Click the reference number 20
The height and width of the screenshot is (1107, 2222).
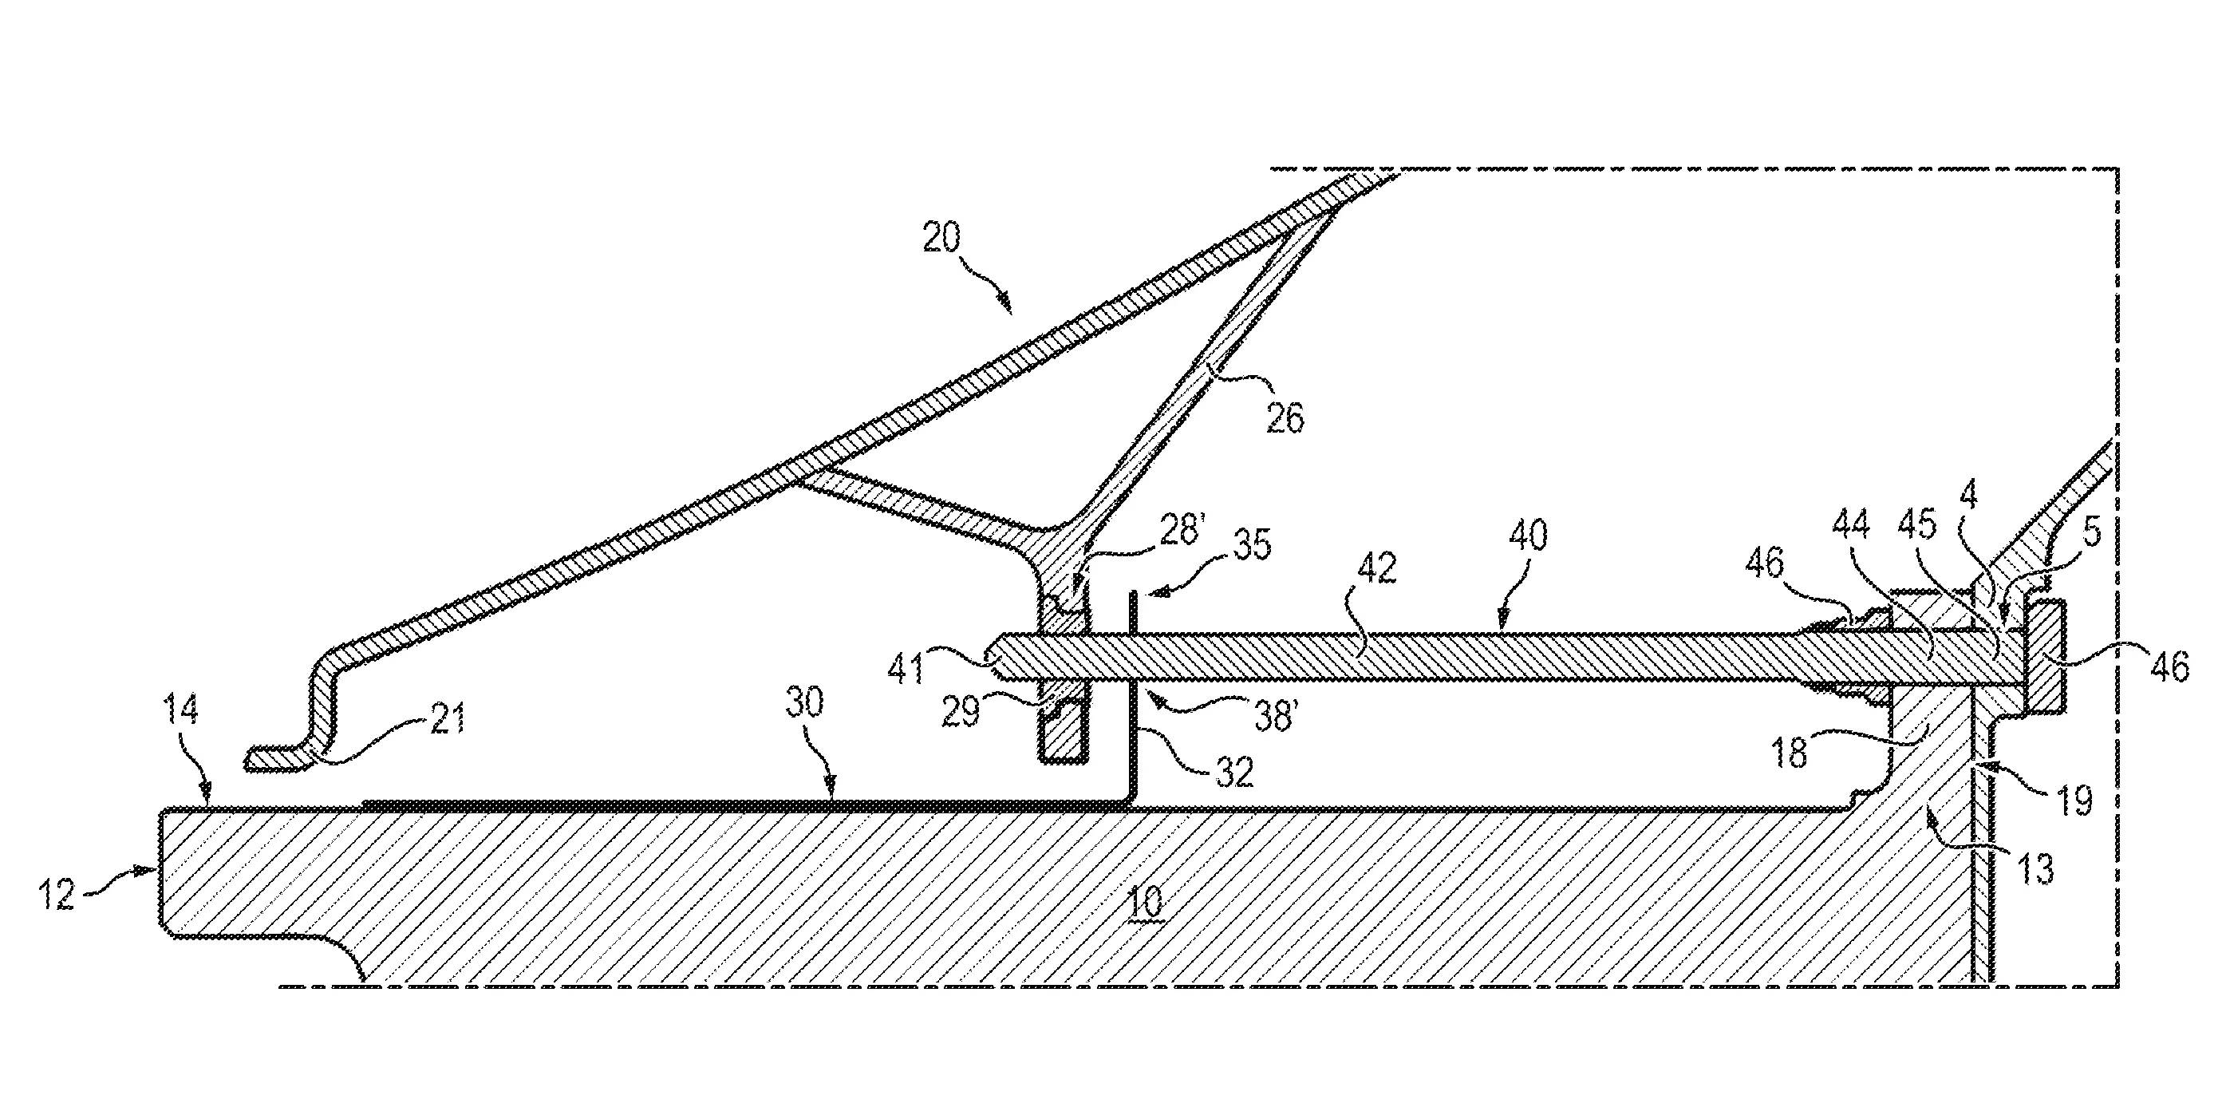pyautogui.click(x=941, y=236)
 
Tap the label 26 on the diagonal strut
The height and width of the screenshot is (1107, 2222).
pyautogui.click(x=1285, y=418)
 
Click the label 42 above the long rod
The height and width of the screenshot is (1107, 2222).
pyautogui.click(x=1376, y=567)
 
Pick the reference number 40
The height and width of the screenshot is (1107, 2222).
pyautogui.click(x=1529, y=536)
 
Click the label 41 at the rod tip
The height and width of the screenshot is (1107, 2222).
pyautogui.click(x=906, y=669)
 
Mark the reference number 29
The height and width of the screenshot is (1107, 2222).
pyautogui.click(x=961, y=712)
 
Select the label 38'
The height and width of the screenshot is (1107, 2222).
pyautogui.click(x=1275, y=715)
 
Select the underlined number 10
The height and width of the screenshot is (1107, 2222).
pyautogui.click(x=1146, y=903)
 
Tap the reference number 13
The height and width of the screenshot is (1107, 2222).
pyautogui.click(x=2037, y=869)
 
